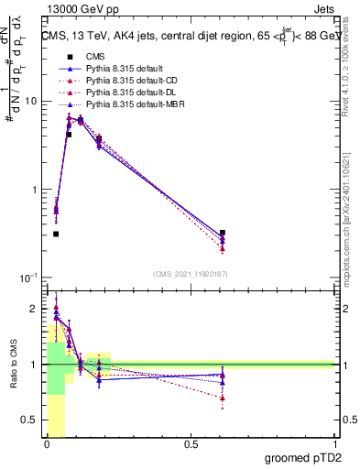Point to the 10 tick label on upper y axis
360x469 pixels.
(x=30, y=101)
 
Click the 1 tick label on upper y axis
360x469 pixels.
(x=34, y=190)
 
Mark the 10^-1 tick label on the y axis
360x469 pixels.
(x=28, y=277)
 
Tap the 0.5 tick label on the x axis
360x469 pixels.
(x=191, y=444)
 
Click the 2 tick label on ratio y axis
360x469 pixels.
(x=35, y=310)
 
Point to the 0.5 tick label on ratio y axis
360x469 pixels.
(x=30, y=420)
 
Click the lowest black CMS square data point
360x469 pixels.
(x=56, y=234)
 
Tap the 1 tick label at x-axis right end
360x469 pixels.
(x=334, y=444)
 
